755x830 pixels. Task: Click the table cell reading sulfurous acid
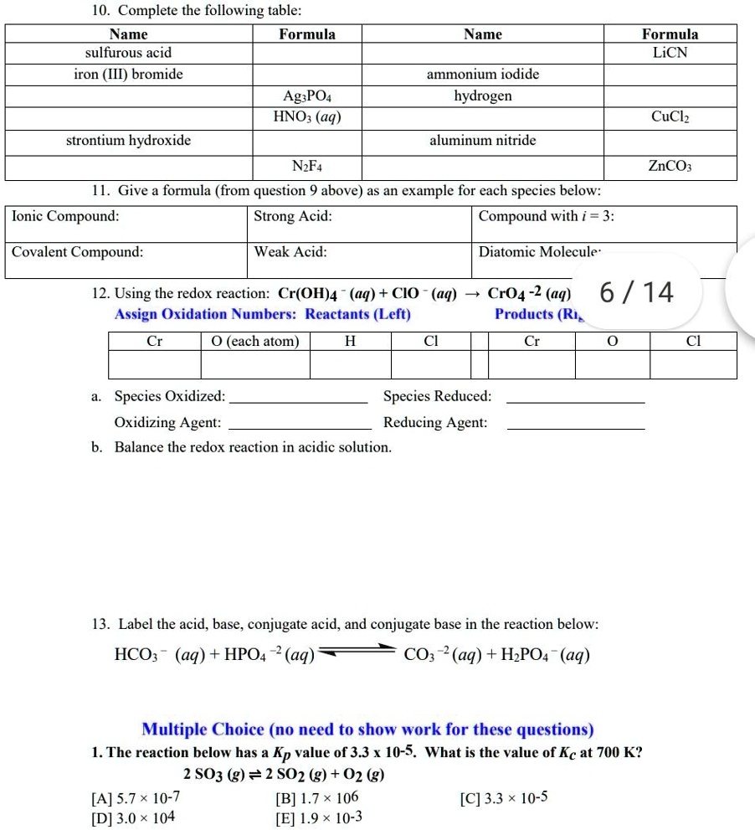pyautogui.click(x=128, y=53)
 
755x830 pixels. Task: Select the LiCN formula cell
pyautogui.click(x=669, y=53)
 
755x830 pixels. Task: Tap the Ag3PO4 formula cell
pyautogui.click(x=307, y=96)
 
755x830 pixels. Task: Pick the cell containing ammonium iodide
pyautogui.click(x=483, y=75)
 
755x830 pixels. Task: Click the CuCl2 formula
pyautogui.click(x=670, y=118)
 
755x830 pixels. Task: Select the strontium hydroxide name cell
pyautogui.click(x=128, y=140)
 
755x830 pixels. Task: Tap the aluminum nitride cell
pyautogui.click(x=483, y=140)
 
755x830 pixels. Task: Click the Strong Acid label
pyautogui.click(x=292, y=216)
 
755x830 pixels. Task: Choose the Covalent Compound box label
pyautogui.click(x=77, y=251)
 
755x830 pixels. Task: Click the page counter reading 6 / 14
pyautogui.click(x=636, y=292)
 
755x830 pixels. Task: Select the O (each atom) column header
pyautogui.click(x=254, y=341)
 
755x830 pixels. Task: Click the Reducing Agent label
pyautogui.click(x=435, y=422)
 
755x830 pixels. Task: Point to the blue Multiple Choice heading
pyautogui.click(x=367, y=729)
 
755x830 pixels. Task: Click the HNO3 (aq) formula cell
pyautogui.click(x=307, y=118)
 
